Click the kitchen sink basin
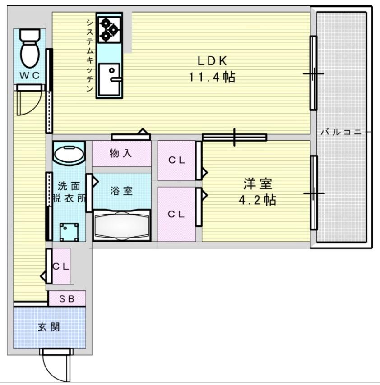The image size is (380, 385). click(x=110, y=79)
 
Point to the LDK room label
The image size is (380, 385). click(x=211, y=61)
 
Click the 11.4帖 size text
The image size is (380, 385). click(x=211, y=77)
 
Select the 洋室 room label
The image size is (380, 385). click(x=258, y=183)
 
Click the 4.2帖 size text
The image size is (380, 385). click(x=258, y=200)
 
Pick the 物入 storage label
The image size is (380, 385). click(x=121, y=153)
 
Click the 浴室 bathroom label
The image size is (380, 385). click(x=121, y=191)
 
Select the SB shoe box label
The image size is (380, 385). click(x=67, y=298)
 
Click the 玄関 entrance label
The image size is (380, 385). click(x=48, y=327)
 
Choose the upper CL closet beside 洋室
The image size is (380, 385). click(x=176, y=160)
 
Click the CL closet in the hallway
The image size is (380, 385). click(x=60, y=266)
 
